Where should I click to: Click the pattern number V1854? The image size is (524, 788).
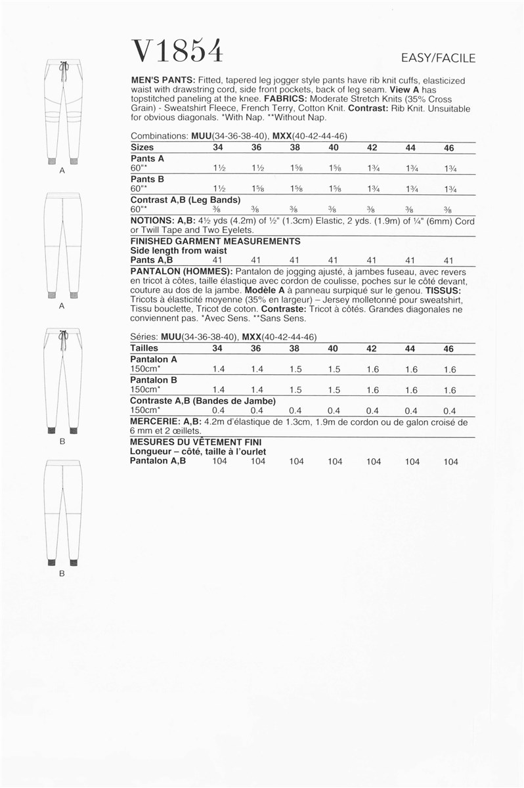tap(178, 51)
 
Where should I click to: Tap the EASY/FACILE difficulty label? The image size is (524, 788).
tap(438, 58)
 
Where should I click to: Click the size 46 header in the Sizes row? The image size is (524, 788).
tap(449, 148)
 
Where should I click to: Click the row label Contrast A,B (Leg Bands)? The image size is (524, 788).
tap(186, 200)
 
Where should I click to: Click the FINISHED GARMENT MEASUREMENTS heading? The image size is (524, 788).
tap(215, 241)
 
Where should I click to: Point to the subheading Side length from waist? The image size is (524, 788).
tap(179, 251)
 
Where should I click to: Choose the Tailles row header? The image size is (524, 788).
tap(144, 349)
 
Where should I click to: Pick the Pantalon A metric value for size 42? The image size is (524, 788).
tap(372, 370)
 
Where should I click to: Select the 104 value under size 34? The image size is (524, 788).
tap(219, 462)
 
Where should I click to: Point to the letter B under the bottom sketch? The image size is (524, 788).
tap(62, 573)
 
